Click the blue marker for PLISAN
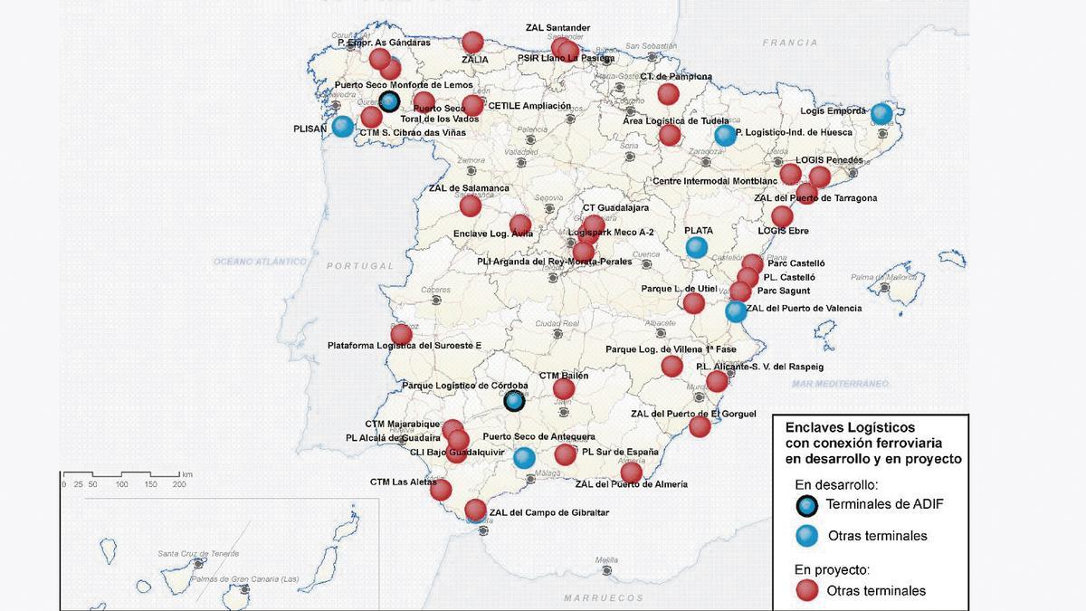pyautogui.click(x=342, y=127)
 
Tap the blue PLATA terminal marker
pyautogui.click(x=696, y=246)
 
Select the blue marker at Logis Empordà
pyautogui.click(x=881, y=114)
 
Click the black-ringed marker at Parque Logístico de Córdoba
pyautogui.click(x=514, y=400)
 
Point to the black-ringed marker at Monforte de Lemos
pyautogui.click(x=389, y=101)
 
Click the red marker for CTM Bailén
pyautogui.click(x=564, y=389)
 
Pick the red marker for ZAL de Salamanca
pyautogui.click(x=470, y=205)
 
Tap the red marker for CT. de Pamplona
pyautogui.click(x=668, y=94)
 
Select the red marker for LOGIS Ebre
pyautogui.click(x=782, y=216)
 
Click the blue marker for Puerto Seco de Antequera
pyautogui.click(x=523, y=457)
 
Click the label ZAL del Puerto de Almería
pyautogui.click(x=631, y=484)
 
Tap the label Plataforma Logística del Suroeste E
pyautogui.click(x=404, y=345)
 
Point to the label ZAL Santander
pyautogui.click(x=557, y=28)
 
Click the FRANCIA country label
pyautogui.click(x=789, y=43)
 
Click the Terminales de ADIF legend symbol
pyautogui.click(x=808, y=505)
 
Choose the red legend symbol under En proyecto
pyautogui.click(x=807, y=591)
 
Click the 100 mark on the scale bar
pyautogui.click(x=121, y=484)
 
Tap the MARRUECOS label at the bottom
pyautogui.click(x=603, y=598)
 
